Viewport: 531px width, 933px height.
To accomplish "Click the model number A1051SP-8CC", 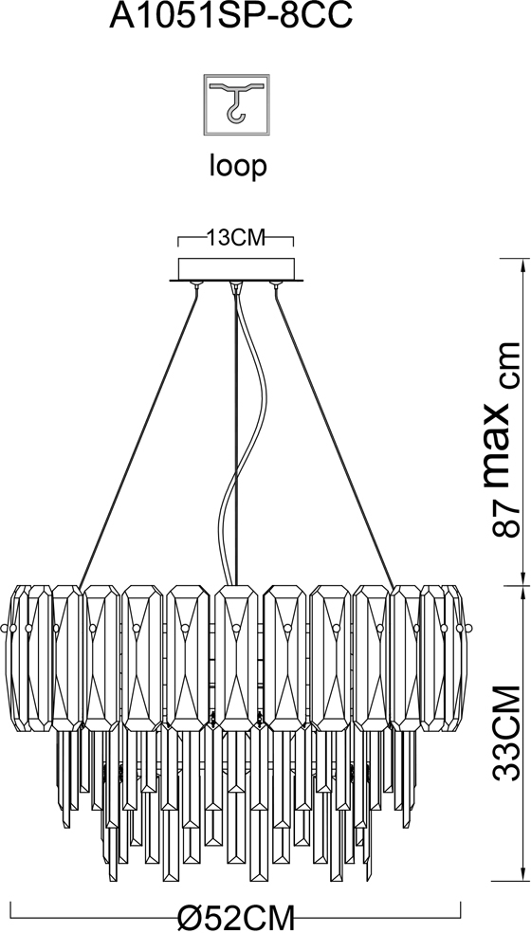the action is click(231, 17).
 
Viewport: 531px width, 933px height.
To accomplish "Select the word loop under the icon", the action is click(237, 167).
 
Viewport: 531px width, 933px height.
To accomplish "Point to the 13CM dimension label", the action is click(236, 239).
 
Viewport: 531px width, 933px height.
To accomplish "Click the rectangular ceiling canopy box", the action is click(236, 268).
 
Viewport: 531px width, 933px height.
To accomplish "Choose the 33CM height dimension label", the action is click(506, 733).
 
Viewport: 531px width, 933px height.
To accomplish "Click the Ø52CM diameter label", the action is click(236, 916).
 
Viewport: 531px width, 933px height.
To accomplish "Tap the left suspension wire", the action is click(138, 436).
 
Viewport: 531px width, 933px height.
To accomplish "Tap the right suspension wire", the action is click(335, 436).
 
